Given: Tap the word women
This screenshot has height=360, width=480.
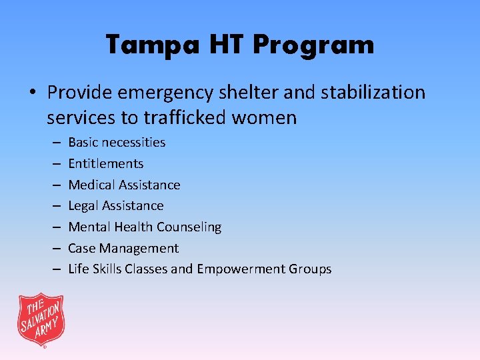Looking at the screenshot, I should [265, 119].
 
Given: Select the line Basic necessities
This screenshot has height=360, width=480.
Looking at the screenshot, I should [117, 142].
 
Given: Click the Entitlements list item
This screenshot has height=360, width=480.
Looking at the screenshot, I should [105, 163].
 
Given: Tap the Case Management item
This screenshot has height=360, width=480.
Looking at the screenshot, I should [123, 249].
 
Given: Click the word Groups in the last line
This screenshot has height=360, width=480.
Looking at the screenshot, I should [310, 269].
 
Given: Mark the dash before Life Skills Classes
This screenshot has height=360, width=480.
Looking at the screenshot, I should [55, 269].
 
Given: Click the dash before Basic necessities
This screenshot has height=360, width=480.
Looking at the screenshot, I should [55, 142].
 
